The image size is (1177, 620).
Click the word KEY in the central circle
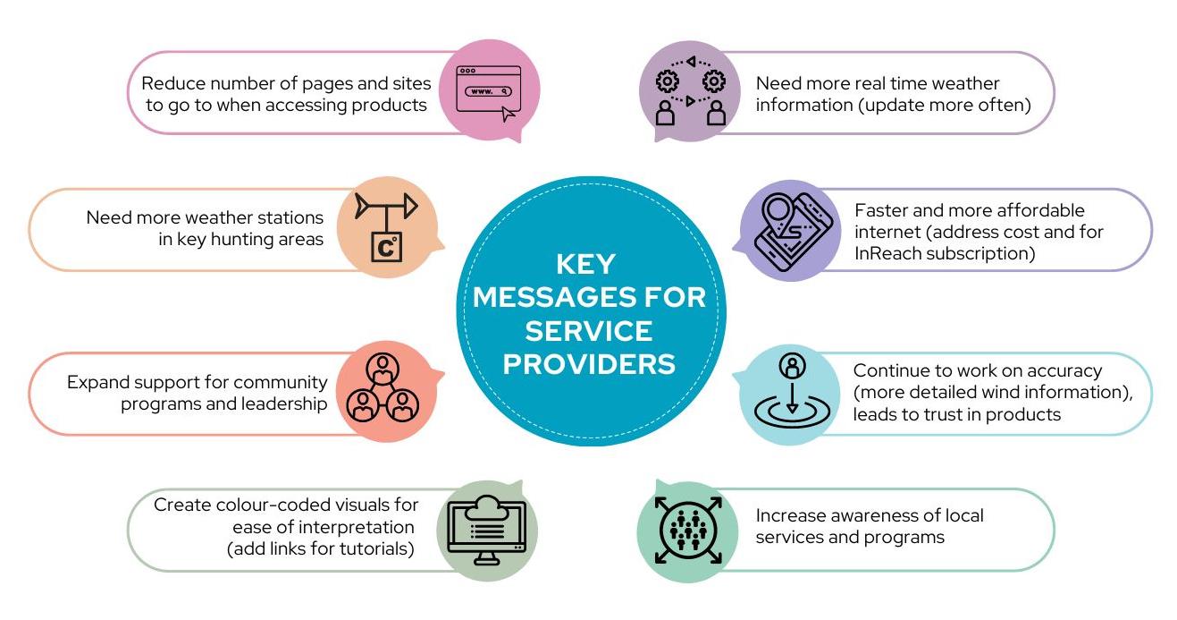585,263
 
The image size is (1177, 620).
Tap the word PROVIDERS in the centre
589,364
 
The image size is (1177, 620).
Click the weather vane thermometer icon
387,227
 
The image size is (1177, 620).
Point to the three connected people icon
383,387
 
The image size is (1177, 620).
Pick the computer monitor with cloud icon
486,530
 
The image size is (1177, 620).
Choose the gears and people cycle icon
691,90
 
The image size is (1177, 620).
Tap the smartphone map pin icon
794,232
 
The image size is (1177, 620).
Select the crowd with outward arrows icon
688,530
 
